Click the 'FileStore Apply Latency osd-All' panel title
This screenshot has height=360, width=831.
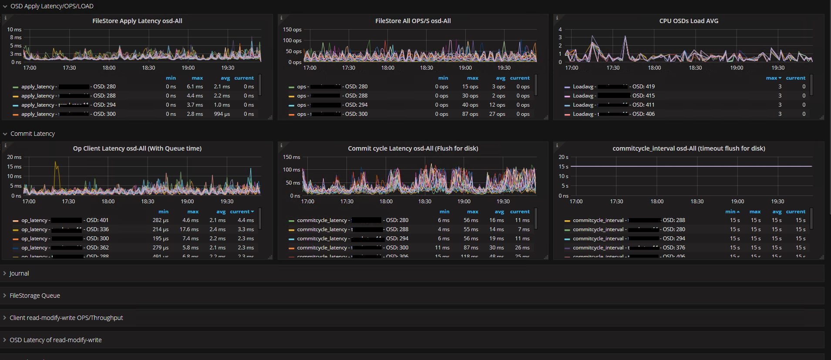[137, 21]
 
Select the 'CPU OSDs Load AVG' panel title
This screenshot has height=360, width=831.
[689, 21]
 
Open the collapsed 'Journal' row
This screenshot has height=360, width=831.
[19, 273]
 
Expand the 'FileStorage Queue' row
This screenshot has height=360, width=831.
[35, 296]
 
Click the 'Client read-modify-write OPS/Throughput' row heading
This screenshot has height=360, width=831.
[66, 318]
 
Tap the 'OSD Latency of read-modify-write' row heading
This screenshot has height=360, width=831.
[56, 340]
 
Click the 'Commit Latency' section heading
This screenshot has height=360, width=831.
[33, 134]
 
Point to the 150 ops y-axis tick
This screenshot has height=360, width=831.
[292, 30]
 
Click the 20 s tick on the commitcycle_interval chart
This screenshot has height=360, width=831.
[563, 157]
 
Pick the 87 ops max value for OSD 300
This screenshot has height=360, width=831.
[470, 114]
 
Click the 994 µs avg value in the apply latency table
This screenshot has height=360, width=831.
[222, 114]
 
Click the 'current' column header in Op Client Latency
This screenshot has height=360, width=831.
[240, 212]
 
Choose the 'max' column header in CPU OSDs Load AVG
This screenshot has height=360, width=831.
[771, 78]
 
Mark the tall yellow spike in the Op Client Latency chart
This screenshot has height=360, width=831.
[55, 164]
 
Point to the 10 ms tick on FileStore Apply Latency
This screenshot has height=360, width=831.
[14, 30]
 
